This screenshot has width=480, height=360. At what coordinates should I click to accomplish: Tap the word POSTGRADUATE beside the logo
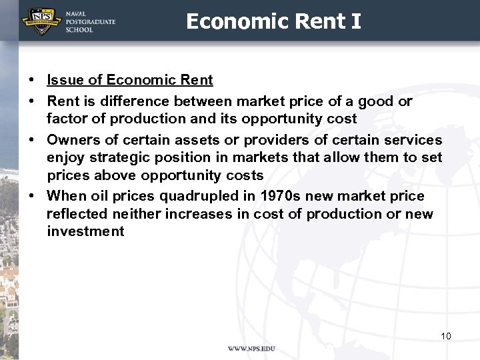[90, 22]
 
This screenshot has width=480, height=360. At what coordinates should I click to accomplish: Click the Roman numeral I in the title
[355, 21]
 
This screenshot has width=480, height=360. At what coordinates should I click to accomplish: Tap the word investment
[85, 231]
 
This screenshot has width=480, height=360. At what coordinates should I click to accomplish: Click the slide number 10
[445, 336]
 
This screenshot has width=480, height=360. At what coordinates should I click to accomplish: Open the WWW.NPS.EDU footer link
[251, 349]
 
